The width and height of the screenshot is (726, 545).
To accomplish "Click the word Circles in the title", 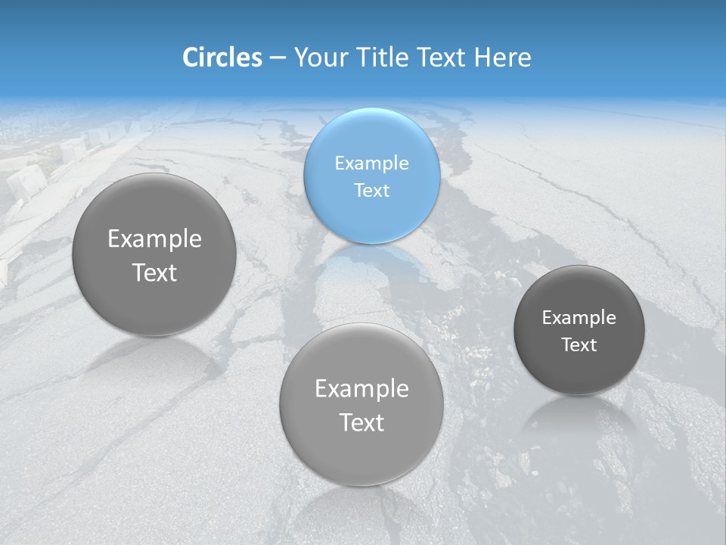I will (x=222, y=58).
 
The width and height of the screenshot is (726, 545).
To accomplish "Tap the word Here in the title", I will (x=502, y=58).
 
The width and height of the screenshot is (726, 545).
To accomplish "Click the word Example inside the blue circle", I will (x=371, y=163).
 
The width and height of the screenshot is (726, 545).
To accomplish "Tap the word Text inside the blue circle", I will (x=371, y=190).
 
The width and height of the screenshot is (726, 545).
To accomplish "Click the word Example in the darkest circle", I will (x=579, y=317).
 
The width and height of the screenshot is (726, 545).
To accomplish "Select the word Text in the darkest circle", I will (x=579, y=344).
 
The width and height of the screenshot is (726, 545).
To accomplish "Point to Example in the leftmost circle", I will (x=154, y=239).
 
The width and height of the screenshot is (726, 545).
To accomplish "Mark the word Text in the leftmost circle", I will (x=154, y=272).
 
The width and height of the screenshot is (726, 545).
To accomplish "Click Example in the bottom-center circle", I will (x=361, y=389).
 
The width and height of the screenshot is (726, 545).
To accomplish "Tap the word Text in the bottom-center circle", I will (x=361, y=422).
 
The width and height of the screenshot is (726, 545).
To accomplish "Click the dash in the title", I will (x=278, y=58).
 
